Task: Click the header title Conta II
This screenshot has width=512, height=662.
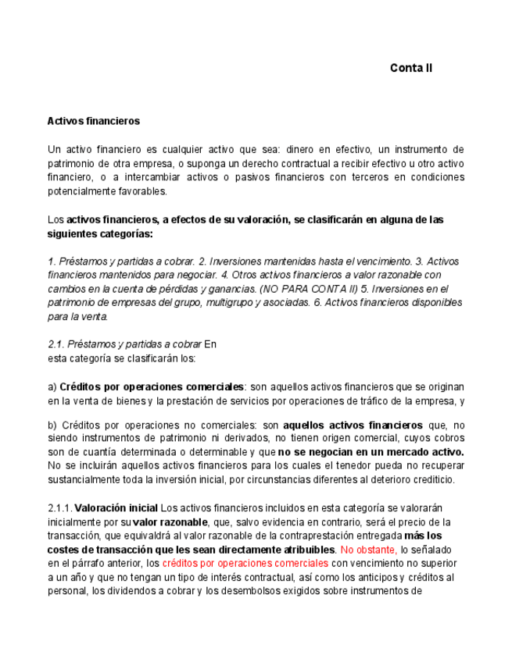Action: coord(410,68)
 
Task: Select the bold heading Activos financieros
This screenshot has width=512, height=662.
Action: coord(93,121)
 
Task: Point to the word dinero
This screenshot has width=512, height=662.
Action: coord(301,149)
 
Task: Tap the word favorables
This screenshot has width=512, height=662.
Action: coord(141,191)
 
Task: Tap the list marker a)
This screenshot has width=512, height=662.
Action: coord(52,387)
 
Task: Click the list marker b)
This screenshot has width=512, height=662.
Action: coord(52,425)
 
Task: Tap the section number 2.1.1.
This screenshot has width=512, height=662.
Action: coord(59,508)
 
